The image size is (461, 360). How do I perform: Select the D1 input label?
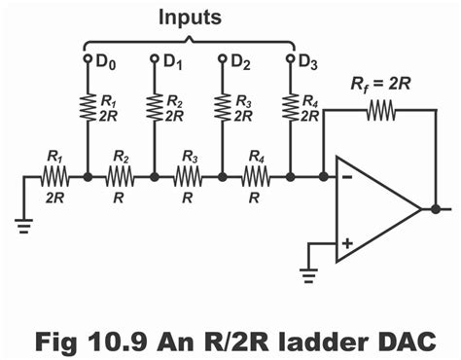click(x=172, y=61)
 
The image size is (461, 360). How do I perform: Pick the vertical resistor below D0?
click(x=88, y=107)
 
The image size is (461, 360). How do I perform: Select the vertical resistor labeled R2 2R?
click(x=155, y=107)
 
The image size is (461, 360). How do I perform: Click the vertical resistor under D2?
click(x=222, y=107)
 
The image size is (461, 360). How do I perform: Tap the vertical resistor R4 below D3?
click(x=290, y=107)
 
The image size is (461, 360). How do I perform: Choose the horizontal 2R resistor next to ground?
click(x=54, y=177)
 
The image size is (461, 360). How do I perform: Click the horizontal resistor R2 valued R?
click(x=122, y=177)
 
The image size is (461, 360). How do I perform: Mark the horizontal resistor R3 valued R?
click(x=189, y=177)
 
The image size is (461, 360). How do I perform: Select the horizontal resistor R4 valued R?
click(x=256, y=177)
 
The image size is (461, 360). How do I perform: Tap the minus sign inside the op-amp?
click(x=348, y=178)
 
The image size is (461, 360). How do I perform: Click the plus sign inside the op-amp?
click(x=348, y=239)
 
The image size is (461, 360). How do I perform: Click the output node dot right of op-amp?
click(x=435, y=208)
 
